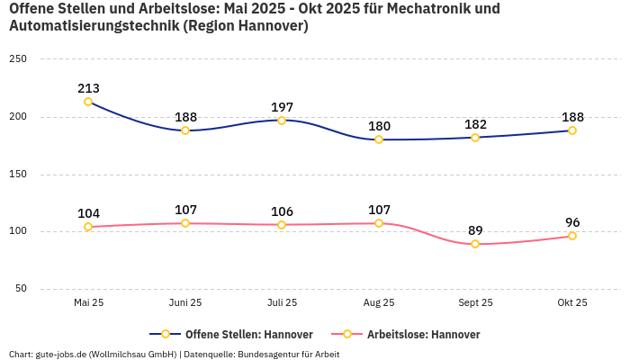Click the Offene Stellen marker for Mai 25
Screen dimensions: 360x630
point(88,102)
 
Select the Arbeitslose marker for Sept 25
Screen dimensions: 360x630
point(475,244)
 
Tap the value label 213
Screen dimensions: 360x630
point(88,88)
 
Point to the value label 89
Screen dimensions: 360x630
point(475,230)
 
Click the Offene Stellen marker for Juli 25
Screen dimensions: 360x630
point(282,121)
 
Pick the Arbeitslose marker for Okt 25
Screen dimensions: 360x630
point(572,236)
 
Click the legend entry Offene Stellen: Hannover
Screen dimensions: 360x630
point(236,334)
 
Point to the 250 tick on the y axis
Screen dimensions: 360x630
point(18,59)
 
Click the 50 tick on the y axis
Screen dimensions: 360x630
point(21,289)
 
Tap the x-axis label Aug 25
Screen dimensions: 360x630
point(379,303)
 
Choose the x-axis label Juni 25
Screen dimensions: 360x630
point(185,303)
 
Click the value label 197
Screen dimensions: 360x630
point(282,107)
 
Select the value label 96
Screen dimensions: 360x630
point(572,222)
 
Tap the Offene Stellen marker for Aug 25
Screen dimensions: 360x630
point(379,139)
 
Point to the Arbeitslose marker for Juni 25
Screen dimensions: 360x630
point(185,223)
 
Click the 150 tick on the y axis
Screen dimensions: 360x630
point(18,175)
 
